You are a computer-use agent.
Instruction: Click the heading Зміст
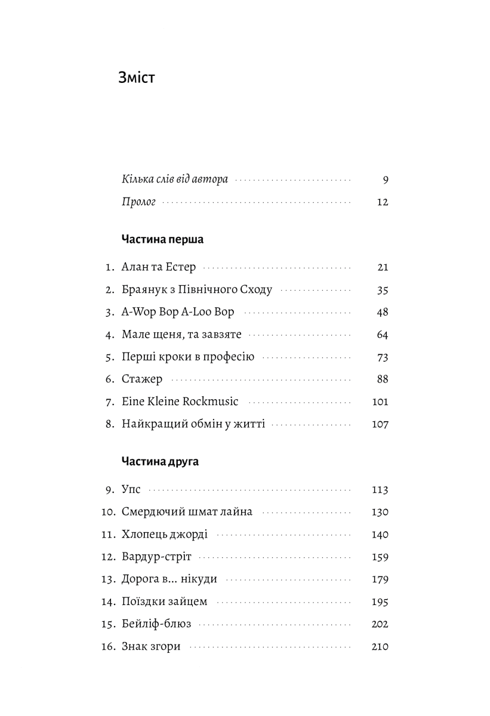click(137, 78)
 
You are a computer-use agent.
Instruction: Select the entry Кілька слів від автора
click(175, 180)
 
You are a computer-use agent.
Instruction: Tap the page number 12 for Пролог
click(383, 202)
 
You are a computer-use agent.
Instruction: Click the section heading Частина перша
click(162, 239)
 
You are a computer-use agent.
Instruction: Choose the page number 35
click(383, 291)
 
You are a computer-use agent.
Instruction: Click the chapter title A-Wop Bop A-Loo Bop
click(178, 312)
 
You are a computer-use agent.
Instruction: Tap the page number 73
click(383, 357)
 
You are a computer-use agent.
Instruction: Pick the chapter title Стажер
click(142, 379)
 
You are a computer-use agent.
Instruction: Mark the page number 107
click(380, 425)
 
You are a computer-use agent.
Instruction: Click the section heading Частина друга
click(160, 461)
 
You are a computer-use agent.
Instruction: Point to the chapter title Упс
click(131, 490)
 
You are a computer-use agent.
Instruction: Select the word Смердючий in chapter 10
click(152, 512)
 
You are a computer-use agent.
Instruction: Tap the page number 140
click(380, 535)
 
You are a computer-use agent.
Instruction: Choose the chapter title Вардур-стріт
click(156, 557)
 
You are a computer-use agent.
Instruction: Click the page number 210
click(380, 647)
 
